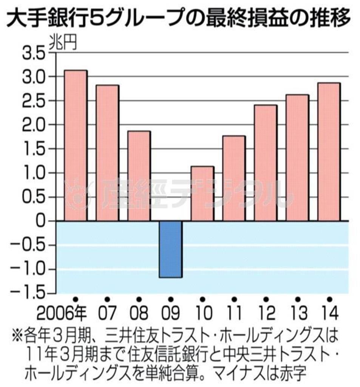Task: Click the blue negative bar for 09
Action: tap(170, 249)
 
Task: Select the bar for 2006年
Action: tap(76, 146)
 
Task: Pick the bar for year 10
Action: tap(202, 193)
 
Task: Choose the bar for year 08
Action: tap(139, 176)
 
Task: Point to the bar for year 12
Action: tap(266, 163)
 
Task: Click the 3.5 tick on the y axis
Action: tap(33, 53)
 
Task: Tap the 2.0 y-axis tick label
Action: tap(33, 125)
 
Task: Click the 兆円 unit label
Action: tap(62, 43)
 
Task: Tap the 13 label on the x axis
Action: tap(297, 313)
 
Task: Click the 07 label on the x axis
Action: tap(108, 313)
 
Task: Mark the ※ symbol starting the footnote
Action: tap(18, 334)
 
